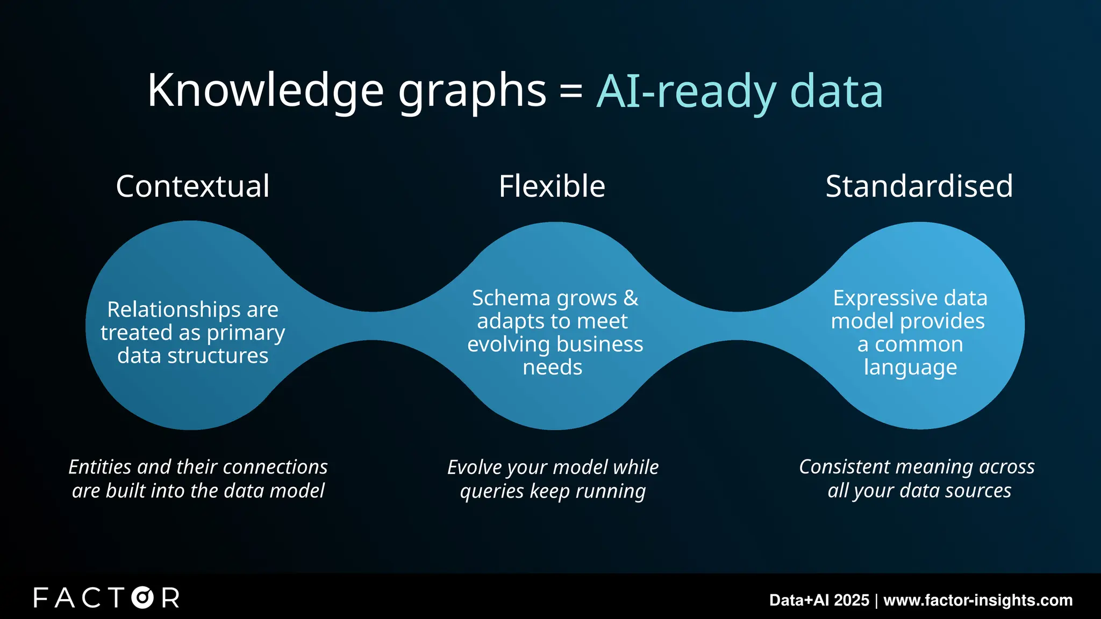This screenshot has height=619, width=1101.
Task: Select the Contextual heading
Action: (x=192, y=186)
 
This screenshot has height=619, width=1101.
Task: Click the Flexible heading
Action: (x=552, y=186)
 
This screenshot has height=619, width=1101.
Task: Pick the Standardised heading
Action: (x=919, y=186)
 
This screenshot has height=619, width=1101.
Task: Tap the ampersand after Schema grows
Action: (x=631, y=298)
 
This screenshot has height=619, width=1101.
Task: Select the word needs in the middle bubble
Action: (x=552, y=368)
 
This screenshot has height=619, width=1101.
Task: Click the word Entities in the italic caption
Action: (x=100, y=467)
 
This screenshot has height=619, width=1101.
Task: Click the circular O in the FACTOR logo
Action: (x=143, y=598)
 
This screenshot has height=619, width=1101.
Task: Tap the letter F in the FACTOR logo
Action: (x=41, y=598)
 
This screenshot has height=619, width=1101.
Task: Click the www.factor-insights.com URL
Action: (x=978, y=600)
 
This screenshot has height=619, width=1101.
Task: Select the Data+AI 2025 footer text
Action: (x=819, y=600)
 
